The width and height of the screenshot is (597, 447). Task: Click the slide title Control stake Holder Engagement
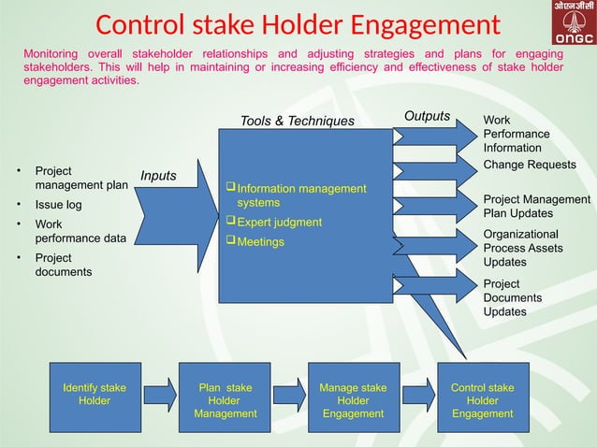[x=298, y=25]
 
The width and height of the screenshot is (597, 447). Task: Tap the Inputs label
[x=159, y=175]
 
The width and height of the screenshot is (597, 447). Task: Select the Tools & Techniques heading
[x=298, y=121]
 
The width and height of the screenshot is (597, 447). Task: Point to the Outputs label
[x=427, y=116]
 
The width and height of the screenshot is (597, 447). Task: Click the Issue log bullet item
[x=59, y=205]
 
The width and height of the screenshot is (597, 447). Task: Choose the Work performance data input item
[x=80, y=231]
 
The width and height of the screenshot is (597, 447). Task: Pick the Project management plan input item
[x=80, y=178]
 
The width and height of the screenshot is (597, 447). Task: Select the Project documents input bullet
[x=64, y=265]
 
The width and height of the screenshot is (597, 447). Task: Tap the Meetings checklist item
[x=260, y=242]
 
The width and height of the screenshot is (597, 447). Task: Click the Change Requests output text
[x=529, y=165]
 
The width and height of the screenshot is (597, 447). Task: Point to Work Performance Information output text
[x=517, y=134]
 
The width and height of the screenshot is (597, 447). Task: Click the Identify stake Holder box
[x=94, y=394]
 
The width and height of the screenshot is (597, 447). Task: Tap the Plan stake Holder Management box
[x=225, y=400]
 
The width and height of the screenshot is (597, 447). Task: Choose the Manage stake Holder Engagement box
[x=353, y=400]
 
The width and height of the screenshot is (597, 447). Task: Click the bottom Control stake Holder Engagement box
[x=482, y=400]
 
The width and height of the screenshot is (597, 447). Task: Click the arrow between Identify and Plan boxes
[x=159, y=395]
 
